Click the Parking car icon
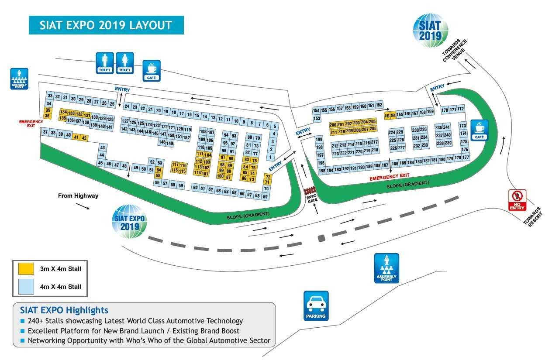tap(316, 305)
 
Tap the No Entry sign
tap(517, 200)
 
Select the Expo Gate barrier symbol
tap(310, 190)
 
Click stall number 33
tap(50, 96)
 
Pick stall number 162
tap(379, 105)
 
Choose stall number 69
tap(265, 197)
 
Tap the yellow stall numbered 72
tap(268, 177)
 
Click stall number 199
tap(319, 140)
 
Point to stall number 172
tap(460, 109)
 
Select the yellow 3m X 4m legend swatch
tap(26, 268)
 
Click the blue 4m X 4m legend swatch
tap(26, 286)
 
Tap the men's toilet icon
tap(105, 62)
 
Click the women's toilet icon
tap(125, 62)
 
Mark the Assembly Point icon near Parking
tap(386, 267)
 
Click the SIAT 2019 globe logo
tap(431, 30)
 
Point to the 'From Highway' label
tap(78, 196)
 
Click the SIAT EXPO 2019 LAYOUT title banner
tap(106, 25)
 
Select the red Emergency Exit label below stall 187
tap(390, 176)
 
